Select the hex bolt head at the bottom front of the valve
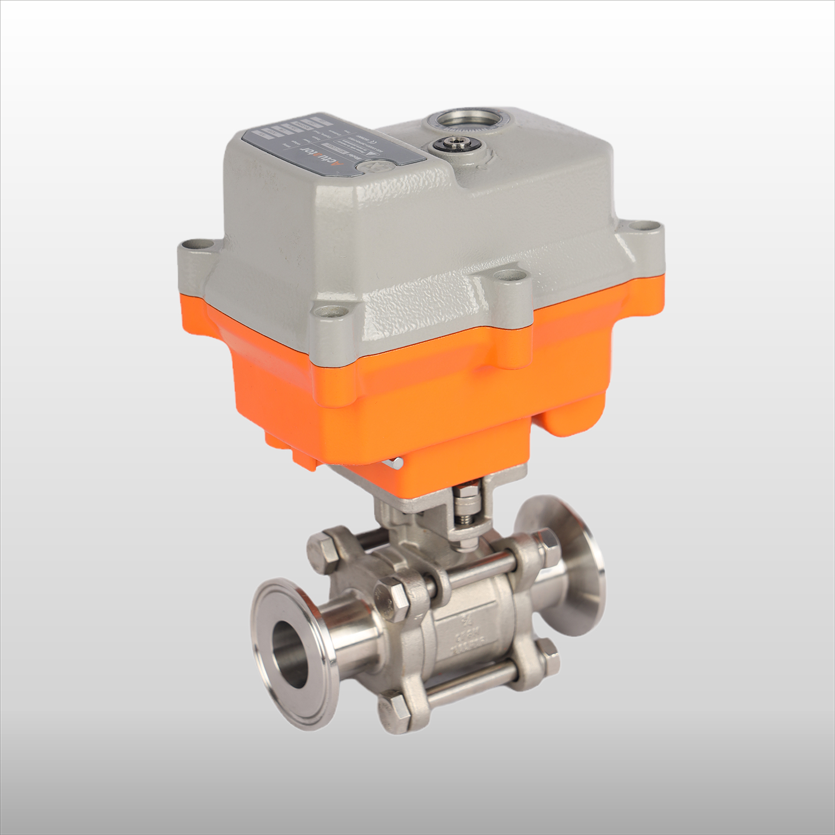click(x=396, y=709)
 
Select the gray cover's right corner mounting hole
click(x=648, y=228)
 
